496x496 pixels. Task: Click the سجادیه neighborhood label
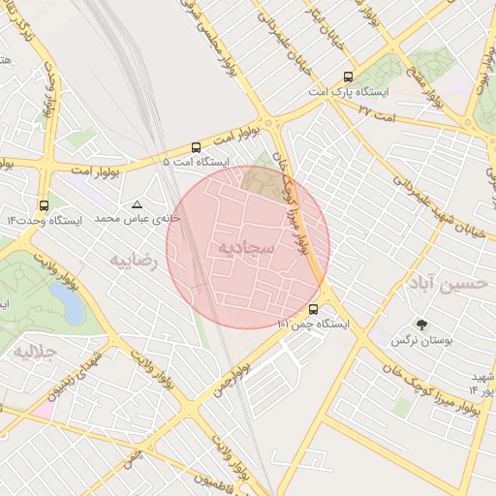[246, 250]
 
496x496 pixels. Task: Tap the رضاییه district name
[134, 260]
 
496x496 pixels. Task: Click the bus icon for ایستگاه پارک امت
[348, 77]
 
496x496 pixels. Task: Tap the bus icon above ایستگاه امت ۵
[197, 148]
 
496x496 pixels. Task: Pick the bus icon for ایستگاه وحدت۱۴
[44, 205]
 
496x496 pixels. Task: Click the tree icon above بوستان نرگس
[421, 325]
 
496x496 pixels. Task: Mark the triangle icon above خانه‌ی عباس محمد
[137, 204]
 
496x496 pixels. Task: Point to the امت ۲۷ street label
[351, 111]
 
